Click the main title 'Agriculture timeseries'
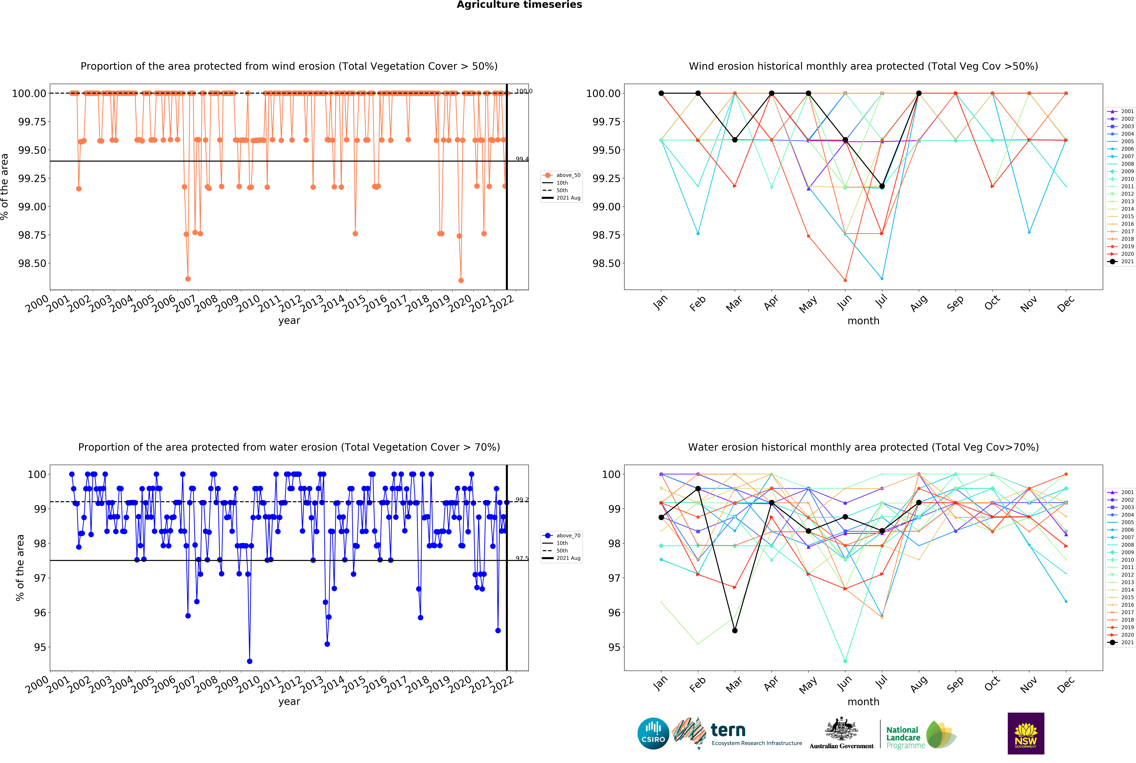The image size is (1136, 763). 519,5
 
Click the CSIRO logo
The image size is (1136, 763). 653,733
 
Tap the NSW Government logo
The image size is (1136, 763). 1025,733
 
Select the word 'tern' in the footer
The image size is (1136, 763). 728,730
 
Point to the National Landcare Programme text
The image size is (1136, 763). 905,737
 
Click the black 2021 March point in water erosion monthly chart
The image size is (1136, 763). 735,631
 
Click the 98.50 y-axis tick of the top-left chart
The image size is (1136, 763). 32,263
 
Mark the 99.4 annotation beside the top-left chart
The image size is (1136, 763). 522,159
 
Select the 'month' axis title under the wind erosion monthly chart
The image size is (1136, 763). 863,321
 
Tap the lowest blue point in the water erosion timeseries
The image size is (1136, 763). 250,661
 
